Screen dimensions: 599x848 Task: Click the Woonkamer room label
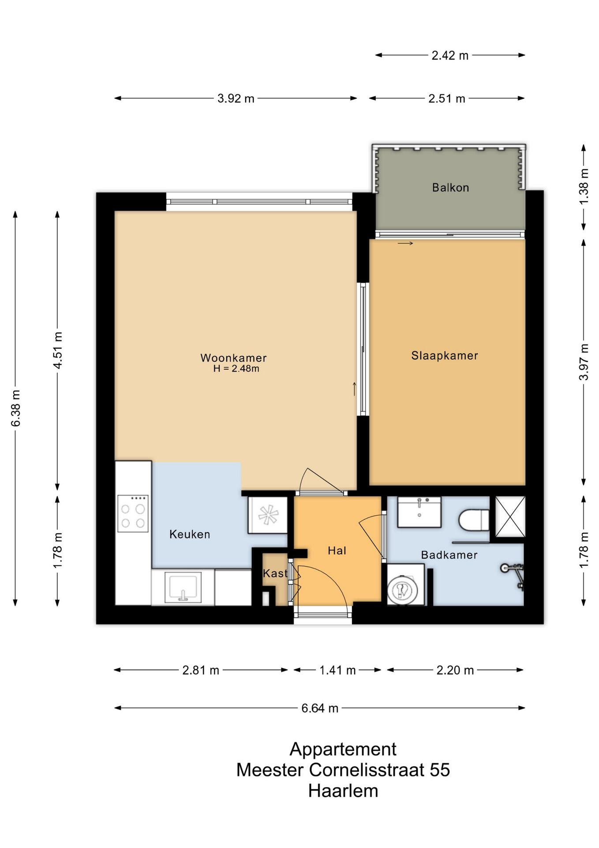click(233, 358)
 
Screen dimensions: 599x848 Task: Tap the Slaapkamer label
click(445, 356)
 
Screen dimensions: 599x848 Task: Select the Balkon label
click(450, 188)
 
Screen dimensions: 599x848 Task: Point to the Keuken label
click(190, 534)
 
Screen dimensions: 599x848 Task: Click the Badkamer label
click(449, 555)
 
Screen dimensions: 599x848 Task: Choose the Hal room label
click(337, 550)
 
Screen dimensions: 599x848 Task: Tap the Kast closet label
click(275, 573)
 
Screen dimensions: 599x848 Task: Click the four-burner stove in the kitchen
click(133, 513)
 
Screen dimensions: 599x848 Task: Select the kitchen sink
click(183, 587)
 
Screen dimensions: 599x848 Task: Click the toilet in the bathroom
click(474, 520)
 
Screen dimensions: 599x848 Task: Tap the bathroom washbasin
click(419, 512)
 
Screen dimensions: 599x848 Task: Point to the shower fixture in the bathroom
click(513, 573)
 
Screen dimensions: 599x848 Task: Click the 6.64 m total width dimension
click(320, 708)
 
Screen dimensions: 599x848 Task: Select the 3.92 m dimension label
click(236, 98)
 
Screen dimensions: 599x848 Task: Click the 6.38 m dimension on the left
click(15, 408)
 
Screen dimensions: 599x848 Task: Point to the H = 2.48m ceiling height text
click(236, 368)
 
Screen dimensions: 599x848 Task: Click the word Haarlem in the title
click(343, 791)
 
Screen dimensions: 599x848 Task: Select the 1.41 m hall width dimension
click(337, 670)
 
